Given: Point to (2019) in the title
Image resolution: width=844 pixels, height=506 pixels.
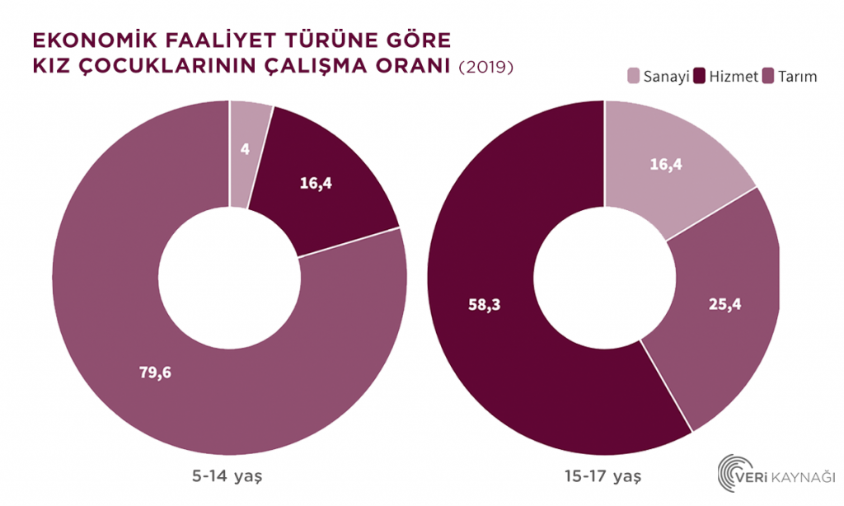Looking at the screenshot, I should coord(485,68).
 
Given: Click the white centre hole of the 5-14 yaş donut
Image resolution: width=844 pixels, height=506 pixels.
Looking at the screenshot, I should coord(228,277).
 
